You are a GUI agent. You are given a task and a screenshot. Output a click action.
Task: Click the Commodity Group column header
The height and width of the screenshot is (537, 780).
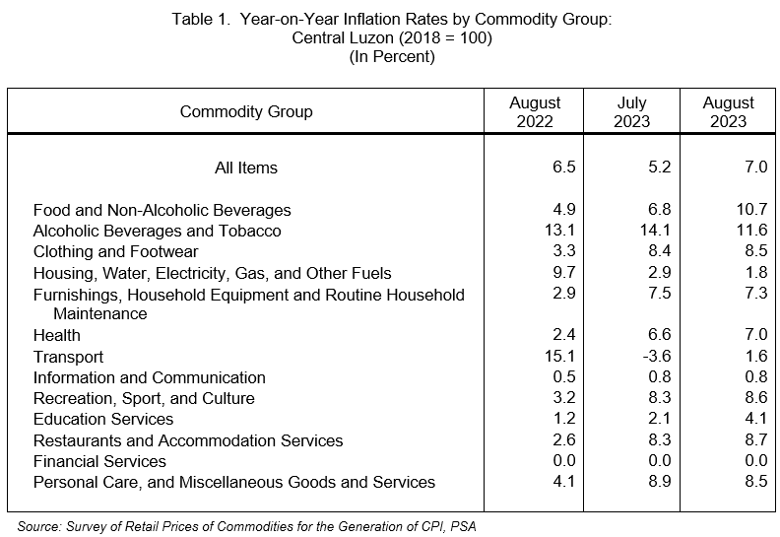(246, 111)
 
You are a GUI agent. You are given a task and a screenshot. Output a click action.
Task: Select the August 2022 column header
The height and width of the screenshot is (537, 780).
(535, 112)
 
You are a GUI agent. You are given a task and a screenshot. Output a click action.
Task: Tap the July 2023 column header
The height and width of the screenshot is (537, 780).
(631, 112)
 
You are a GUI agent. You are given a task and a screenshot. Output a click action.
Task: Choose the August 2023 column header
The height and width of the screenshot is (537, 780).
(728, 112)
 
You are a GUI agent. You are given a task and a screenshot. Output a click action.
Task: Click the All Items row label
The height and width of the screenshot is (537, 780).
(246, 168)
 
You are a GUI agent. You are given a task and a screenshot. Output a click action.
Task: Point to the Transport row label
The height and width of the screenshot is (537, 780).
(68, 357)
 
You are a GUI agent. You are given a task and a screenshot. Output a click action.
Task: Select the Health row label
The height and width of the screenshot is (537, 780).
(57, 335)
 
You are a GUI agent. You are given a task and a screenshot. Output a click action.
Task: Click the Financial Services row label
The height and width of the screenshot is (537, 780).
(99, 461)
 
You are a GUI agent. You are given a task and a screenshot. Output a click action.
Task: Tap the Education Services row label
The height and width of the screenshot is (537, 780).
(103, 419)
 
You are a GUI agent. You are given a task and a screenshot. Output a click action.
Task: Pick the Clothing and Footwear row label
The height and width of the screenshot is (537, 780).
(115, 252)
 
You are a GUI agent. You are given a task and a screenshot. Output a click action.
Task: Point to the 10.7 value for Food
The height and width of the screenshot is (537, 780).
(752, 209)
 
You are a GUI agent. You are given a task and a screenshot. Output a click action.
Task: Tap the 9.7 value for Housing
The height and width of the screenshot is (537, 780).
(564, 272)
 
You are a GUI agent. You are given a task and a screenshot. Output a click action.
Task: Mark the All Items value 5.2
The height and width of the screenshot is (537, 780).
(660, 167)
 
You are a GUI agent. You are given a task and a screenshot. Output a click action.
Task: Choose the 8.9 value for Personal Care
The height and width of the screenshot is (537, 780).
(660, 481)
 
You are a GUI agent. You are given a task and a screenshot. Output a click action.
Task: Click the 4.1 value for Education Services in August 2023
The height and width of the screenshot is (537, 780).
(756, 418)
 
